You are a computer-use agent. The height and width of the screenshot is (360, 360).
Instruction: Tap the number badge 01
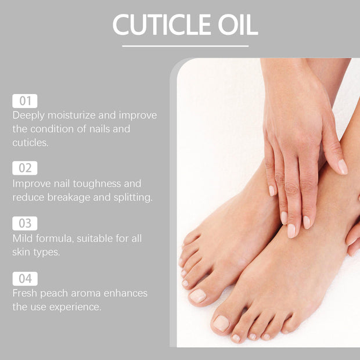pyautogui.click(x=24, y=101)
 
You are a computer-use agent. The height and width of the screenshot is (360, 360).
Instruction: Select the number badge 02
pyautogui.click(x=24, y=169)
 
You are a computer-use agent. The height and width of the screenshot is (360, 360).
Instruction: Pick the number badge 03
pyautogui.click(x=24, y=224)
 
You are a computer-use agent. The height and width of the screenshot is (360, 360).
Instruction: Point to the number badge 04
pyautogui.click(x=24, y=279)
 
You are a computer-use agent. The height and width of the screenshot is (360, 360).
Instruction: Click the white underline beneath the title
pyautogui.click(x=185, y=46)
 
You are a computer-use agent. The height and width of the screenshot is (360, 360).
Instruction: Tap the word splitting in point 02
pyautogui.click(x=132, y=197)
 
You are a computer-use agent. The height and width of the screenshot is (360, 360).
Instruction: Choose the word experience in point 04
pyautogui.click(x=75, y=307)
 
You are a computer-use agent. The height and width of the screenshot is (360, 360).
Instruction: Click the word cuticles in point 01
pyautogui.click(x=30, y=142)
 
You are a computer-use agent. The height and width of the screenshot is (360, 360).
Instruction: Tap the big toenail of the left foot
pyautogui.click(x=197, y=296)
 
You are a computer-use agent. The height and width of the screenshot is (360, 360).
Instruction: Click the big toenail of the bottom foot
pyautogui.click(x=221, y=323)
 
